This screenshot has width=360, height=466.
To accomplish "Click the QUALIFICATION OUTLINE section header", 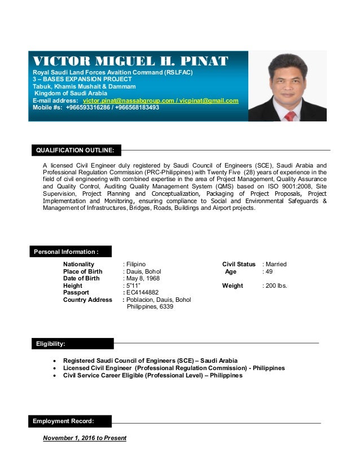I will point(76,150).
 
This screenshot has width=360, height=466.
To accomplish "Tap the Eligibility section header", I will point(51,343).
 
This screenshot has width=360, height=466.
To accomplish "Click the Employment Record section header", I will point(63,421).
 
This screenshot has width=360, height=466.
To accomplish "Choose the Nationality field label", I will point(79,264).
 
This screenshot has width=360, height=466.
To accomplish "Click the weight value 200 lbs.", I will point(275,285).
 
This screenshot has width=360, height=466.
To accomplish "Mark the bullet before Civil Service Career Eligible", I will point(54,375).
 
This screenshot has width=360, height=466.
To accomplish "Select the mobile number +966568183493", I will point(136,107).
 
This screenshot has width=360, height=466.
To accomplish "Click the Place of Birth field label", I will point(83,271).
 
